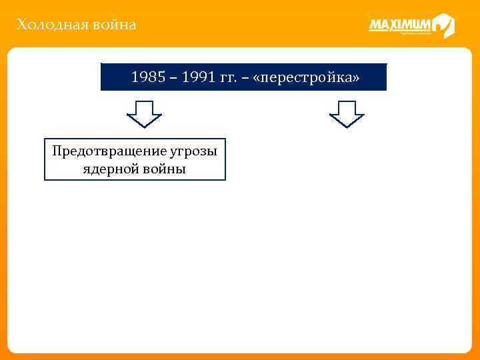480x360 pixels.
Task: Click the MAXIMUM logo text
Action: point(399,25)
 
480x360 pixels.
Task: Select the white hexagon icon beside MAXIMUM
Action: point(443,26)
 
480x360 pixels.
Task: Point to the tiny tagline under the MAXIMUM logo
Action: point(413,35)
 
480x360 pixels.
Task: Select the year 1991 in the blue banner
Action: point(197,77)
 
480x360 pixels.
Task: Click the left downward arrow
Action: point(144,113)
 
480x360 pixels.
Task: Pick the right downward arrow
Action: point(347,113)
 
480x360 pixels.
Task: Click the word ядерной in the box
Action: point(109,169)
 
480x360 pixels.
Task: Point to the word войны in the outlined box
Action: point(163,169)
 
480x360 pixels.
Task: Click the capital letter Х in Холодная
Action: point(22,25)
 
